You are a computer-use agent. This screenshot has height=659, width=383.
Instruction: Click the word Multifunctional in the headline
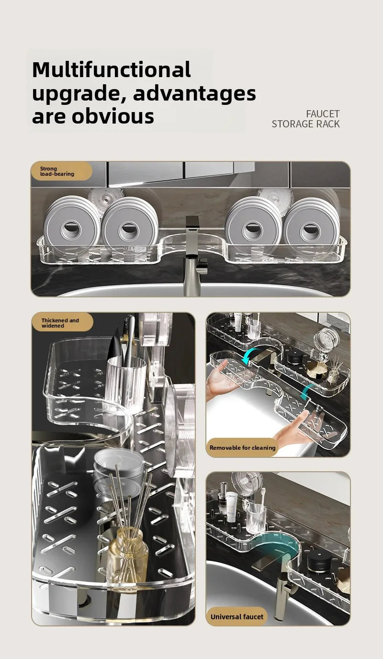[111, 70]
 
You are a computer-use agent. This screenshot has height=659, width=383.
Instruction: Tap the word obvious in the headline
[113, 116]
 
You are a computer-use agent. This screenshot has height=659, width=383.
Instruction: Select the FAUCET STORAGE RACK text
[305, 119]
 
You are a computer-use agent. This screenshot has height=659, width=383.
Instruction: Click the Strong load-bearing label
[57, 171]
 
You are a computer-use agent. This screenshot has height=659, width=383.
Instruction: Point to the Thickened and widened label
[60, 323]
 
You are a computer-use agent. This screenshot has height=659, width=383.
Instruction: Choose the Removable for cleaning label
[242, 447]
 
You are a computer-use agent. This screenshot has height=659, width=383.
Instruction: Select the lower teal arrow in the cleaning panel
[307, 393]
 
